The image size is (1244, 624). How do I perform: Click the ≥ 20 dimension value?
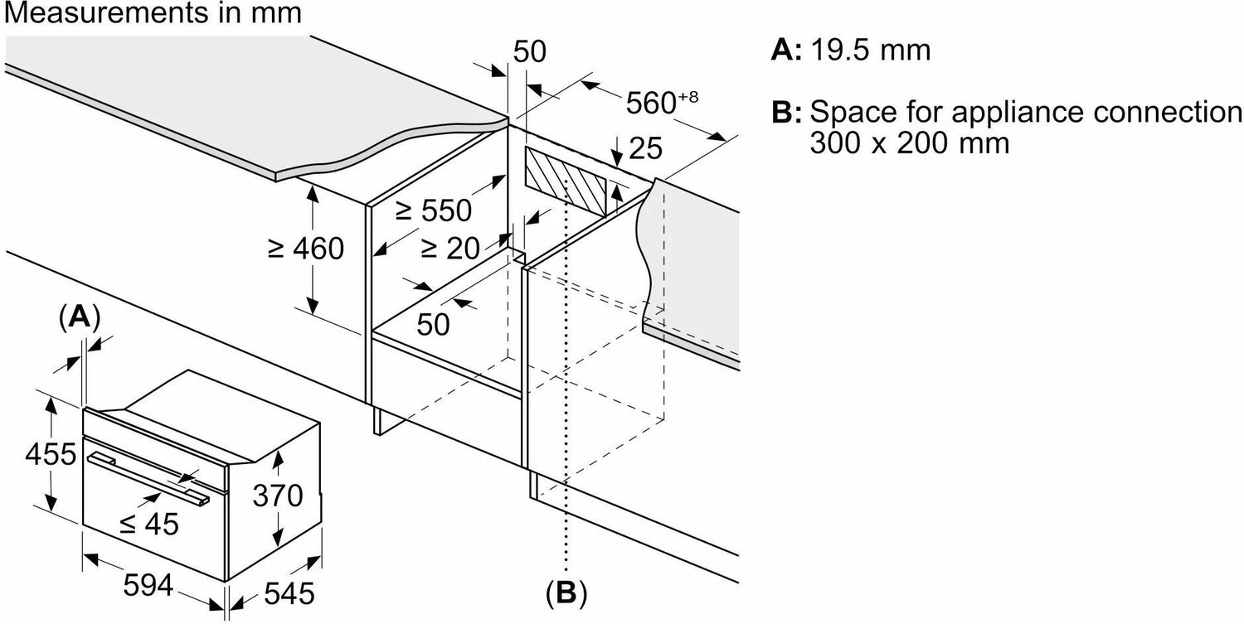pyautogui.click(x=453, y=246)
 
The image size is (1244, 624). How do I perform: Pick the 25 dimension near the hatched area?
pyautogui.click(x=646, y=148)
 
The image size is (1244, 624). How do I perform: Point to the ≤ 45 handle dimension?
pyautogui.click(x=148, y=524)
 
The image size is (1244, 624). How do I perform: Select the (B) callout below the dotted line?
pyautogui.click(x=566, y=593)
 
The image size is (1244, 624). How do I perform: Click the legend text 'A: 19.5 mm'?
pyautogui.click(x=851, y=51)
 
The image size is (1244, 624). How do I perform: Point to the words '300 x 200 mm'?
pyautogui.click(x=910, y=144)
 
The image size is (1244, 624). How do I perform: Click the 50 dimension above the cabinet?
pyautogui.click(x=530, y=52)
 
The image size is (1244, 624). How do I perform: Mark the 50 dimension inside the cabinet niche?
pyautogui.click(x=433, y=323)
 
